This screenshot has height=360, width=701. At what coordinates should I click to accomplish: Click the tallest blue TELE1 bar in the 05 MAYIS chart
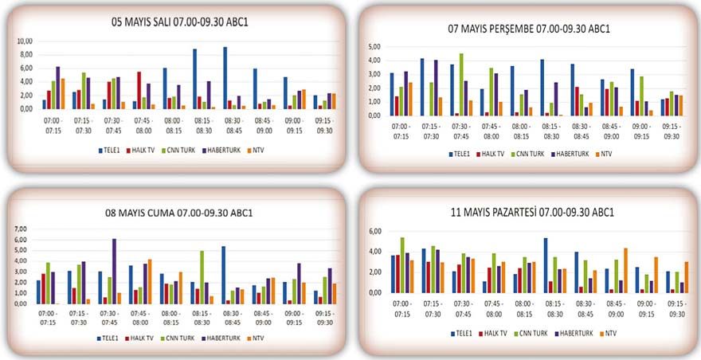coord(225,78)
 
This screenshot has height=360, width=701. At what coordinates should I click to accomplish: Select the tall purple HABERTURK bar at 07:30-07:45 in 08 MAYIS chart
coord(114,271)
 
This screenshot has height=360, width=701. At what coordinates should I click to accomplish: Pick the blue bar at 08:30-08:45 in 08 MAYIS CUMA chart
coord(223,275)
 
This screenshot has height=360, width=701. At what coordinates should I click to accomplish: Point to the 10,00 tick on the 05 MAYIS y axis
coord(25,41)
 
